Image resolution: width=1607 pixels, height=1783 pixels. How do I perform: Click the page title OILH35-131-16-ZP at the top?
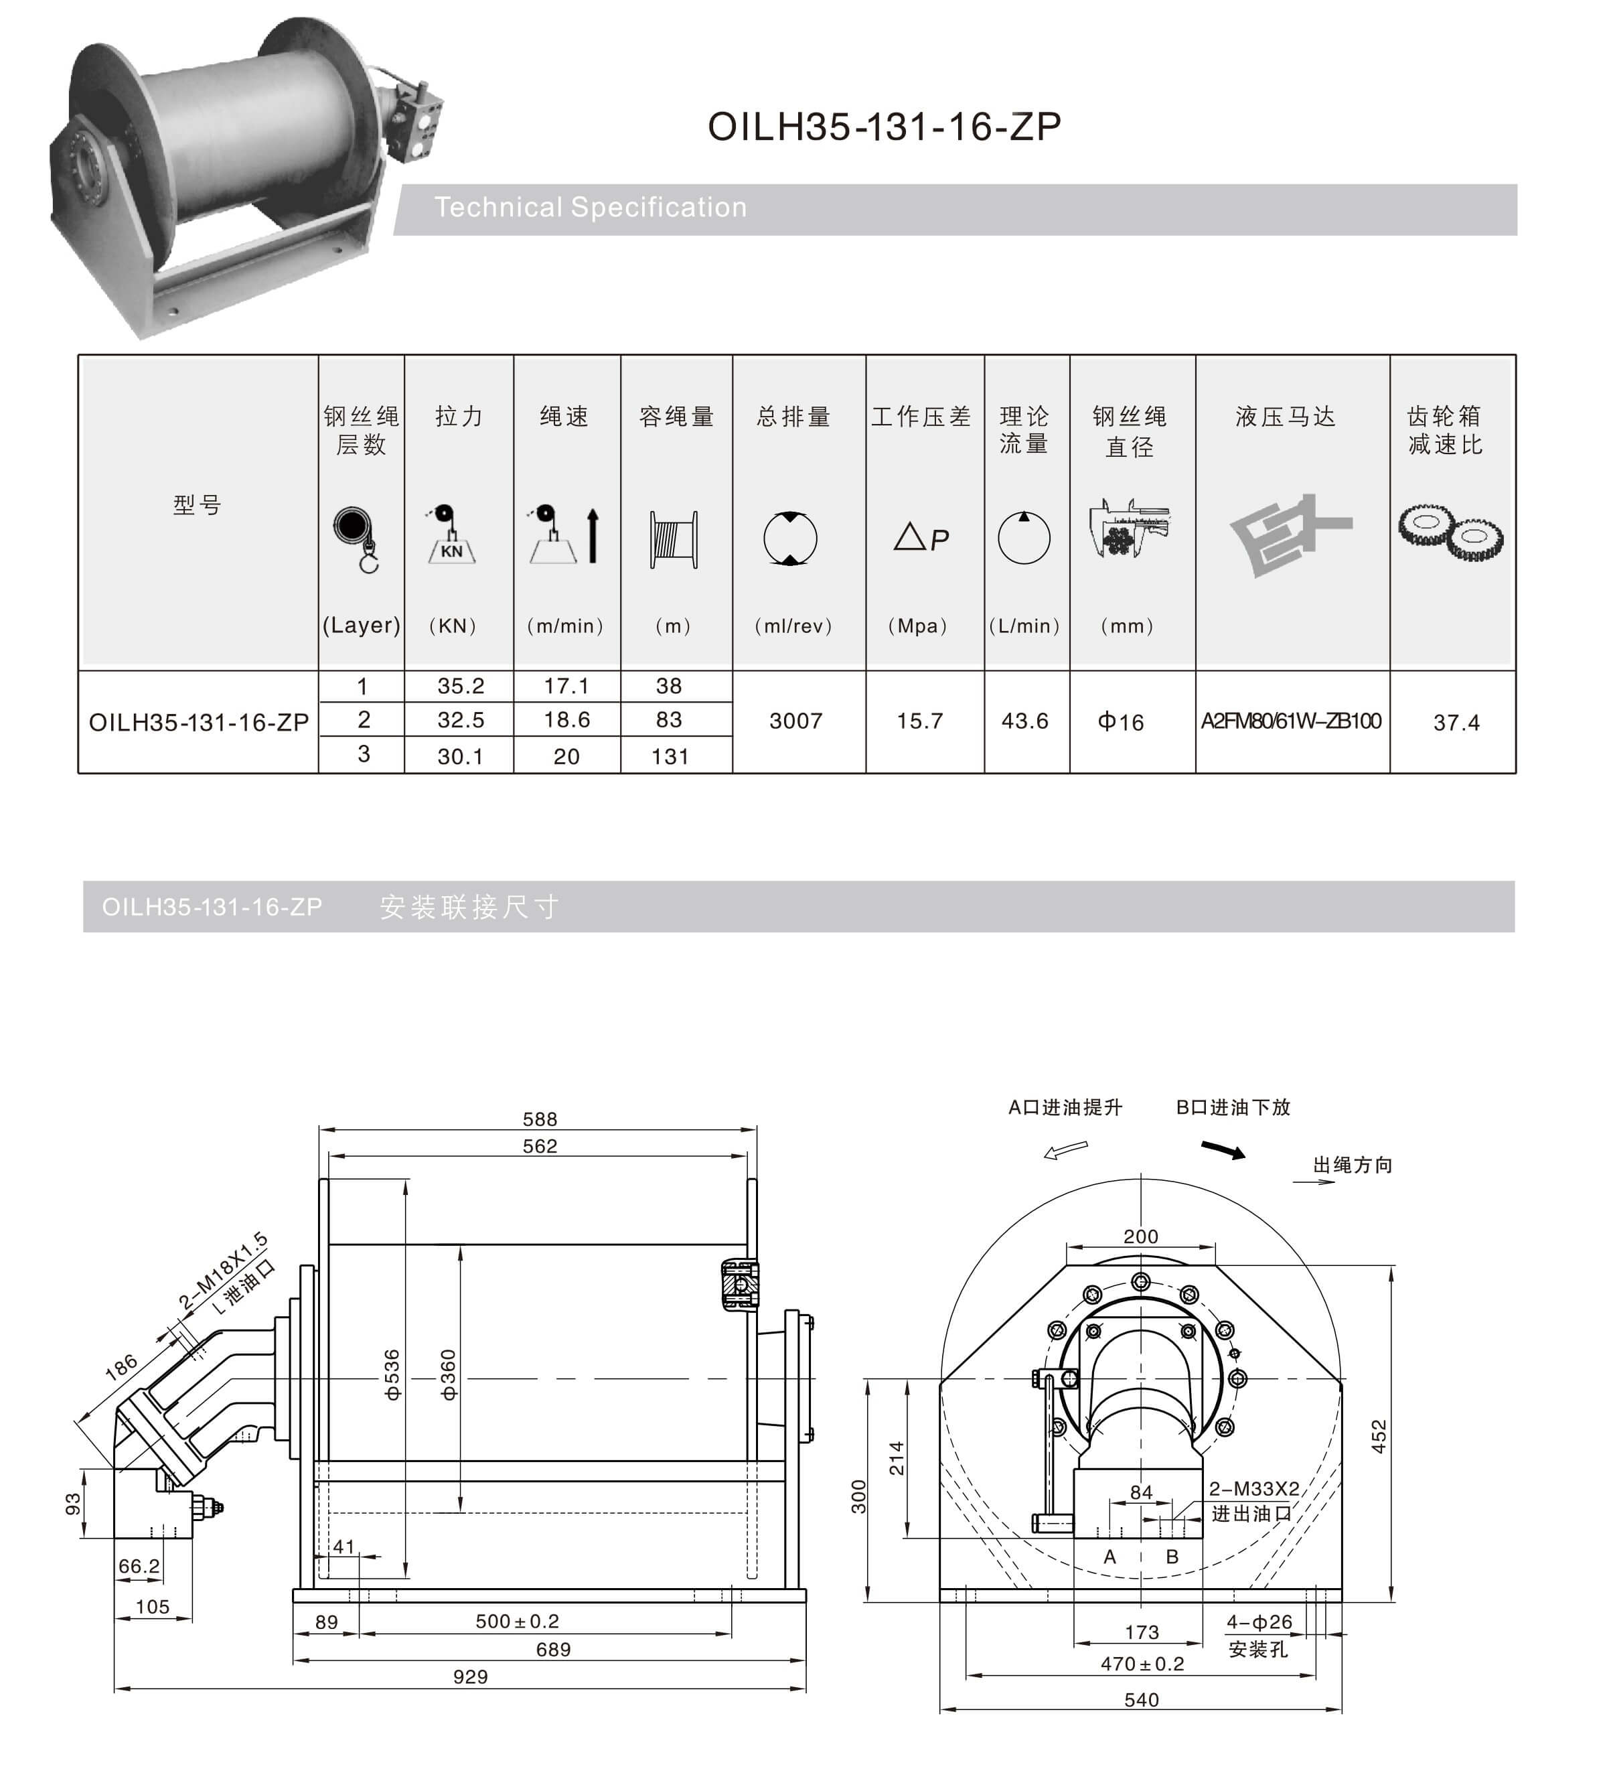click(x=884, y=127)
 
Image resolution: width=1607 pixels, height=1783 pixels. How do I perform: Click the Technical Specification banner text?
click(x=590, y=208)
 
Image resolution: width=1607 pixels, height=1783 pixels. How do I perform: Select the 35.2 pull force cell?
click(x=460, y=686)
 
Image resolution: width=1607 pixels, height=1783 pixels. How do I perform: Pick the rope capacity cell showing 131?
click(x=670, y=757)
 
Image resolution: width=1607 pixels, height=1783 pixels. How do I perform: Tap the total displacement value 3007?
click(x=795, y=721)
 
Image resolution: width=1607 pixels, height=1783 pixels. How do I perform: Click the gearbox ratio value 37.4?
click(x=1456, y=723)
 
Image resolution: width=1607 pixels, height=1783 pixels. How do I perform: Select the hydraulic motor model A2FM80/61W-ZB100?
click(x=1290, y=721)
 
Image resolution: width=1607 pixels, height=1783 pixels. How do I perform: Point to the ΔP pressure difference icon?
click(x=921, y=538)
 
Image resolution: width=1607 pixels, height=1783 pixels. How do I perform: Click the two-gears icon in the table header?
click(x=1451, y=532)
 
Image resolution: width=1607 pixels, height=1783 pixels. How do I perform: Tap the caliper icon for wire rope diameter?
click(x=1130, y=528)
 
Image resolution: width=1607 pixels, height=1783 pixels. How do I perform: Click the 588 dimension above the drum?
click(x=540, y=1120)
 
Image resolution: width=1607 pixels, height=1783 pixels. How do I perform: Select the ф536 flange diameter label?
click(x=392, y=1375)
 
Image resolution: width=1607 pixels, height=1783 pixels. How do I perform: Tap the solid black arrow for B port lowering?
click(x=1223, y=1150)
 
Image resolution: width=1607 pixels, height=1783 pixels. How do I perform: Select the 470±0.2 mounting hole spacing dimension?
click(x=1142, y=1664)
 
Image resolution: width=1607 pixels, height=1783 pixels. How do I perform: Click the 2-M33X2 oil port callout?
click(x=1254, y=1489)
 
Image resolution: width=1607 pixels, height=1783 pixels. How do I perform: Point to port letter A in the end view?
click(x=1110, y=1557)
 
